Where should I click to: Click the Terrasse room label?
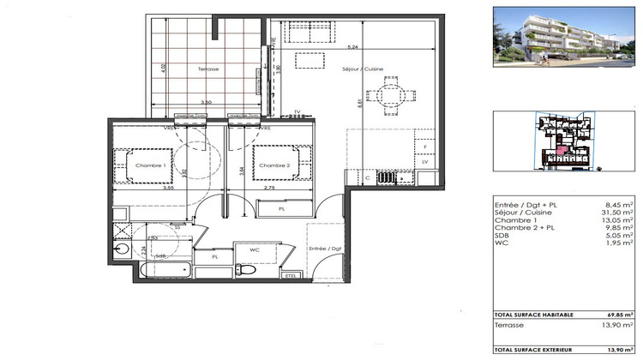[208, 68]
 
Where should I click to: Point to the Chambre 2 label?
[275, 166]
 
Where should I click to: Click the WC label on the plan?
[254, 250]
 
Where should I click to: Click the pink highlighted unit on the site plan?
[560, 153]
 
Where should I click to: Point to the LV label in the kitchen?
[424, 161]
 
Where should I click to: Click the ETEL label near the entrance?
[290, 275]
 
